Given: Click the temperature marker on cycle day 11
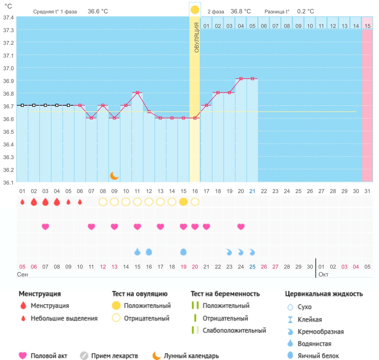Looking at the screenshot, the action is point(137,93).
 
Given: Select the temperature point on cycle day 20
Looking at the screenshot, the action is point(241,79).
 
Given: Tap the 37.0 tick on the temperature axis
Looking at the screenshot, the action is point(9,68).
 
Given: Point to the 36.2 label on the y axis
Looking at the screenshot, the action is point(9,170).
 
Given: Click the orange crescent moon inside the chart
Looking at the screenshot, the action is point(114,176).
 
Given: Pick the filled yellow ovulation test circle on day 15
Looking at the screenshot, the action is point(183,202).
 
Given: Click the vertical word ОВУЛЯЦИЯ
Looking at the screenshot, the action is point(196,37).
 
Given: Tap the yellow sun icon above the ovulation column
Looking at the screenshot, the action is point(195,10).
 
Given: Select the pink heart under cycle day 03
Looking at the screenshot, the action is point(45,227).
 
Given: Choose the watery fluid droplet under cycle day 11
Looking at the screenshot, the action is point(137,251).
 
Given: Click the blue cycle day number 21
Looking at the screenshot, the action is point(252,191).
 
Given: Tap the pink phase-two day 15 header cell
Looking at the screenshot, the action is point(367,23).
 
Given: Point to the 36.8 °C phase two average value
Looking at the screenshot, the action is point(241,11).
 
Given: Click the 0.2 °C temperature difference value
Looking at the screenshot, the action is point(305,11).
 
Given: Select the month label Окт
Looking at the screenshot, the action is point(323,274).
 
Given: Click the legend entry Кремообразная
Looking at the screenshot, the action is point(321,332).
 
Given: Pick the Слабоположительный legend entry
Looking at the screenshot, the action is point(234,330).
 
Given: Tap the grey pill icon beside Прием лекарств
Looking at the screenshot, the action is point(84,356).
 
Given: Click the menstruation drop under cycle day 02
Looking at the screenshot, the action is point(34,202).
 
